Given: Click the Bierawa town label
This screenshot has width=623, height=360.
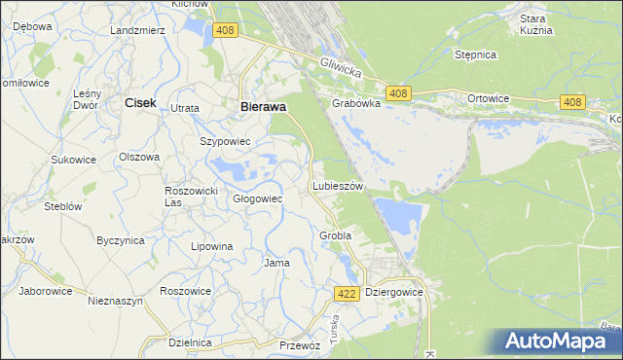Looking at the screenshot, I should pos(262,108).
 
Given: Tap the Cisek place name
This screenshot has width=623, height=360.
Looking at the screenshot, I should pos(140,101).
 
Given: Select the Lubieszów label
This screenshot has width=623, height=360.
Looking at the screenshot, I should pos(338,185).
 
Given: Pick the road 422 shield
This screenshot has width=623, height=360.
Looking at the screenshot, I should pos(347,293).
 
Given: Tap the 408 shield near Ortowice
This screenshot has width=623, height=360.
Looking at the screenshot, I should pos(572,102).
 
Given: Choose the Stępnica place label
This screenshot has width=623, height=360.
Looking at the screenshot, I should pos(476,54).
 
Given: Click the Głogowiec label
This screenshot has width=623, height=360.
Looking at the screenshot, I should pos(257,198).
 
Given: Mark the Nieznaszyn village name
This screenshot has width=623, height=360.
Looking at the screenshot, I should pos(115,302).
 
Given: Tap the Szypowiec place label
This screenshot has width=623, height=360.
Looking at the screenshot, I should pos(226,141).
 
